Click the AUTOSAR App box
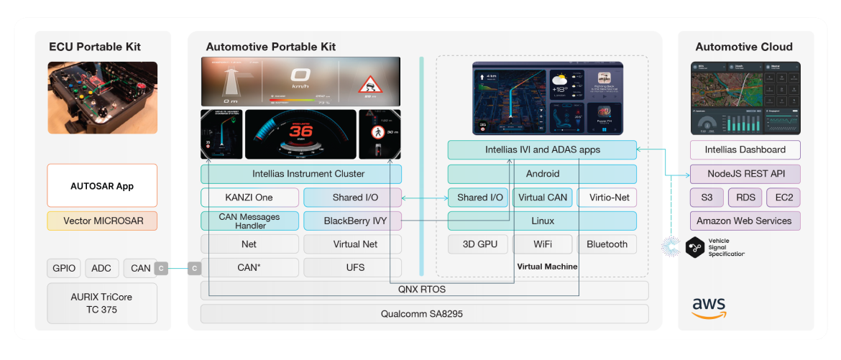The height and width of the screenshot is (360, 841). [x=101, y=186]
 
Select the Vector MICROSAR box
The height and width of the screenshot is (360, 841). [x=101, y=221]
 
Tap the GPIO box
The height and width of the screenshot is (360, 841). [x=64, y=268]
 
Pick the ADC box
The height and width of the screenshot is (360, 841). [x=101, y=268]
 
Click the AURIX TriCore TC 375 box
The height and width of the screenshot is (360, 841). [x=101, y=303]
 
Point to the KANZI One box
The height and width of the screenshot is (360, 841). [x=249, y=198]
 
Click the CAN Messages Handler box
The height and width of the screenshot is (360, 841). [x=249, y=221]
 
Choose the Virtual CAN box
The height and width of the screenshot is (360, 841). [x=543, y=198]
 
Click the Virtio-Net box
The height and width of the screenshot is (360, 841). [x=607, y=198]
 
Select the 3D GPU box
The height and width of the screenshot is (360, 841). [x=477, y=244]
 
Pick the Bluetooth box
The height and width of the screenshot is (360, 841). [x=607, y=244]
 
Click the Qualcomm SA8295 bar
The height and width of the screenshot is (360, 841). [x=424, y=314]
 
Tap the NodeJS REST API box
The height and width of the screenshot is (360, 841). [x=745, y=174]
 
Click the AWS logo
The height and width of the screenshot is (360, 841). [x=709, y=308]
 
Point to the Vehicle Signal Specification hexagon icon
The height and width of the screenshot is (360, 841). [x=696, y=246]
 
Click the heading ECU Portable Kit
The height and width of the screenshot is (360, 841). [x=95, y=47]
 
